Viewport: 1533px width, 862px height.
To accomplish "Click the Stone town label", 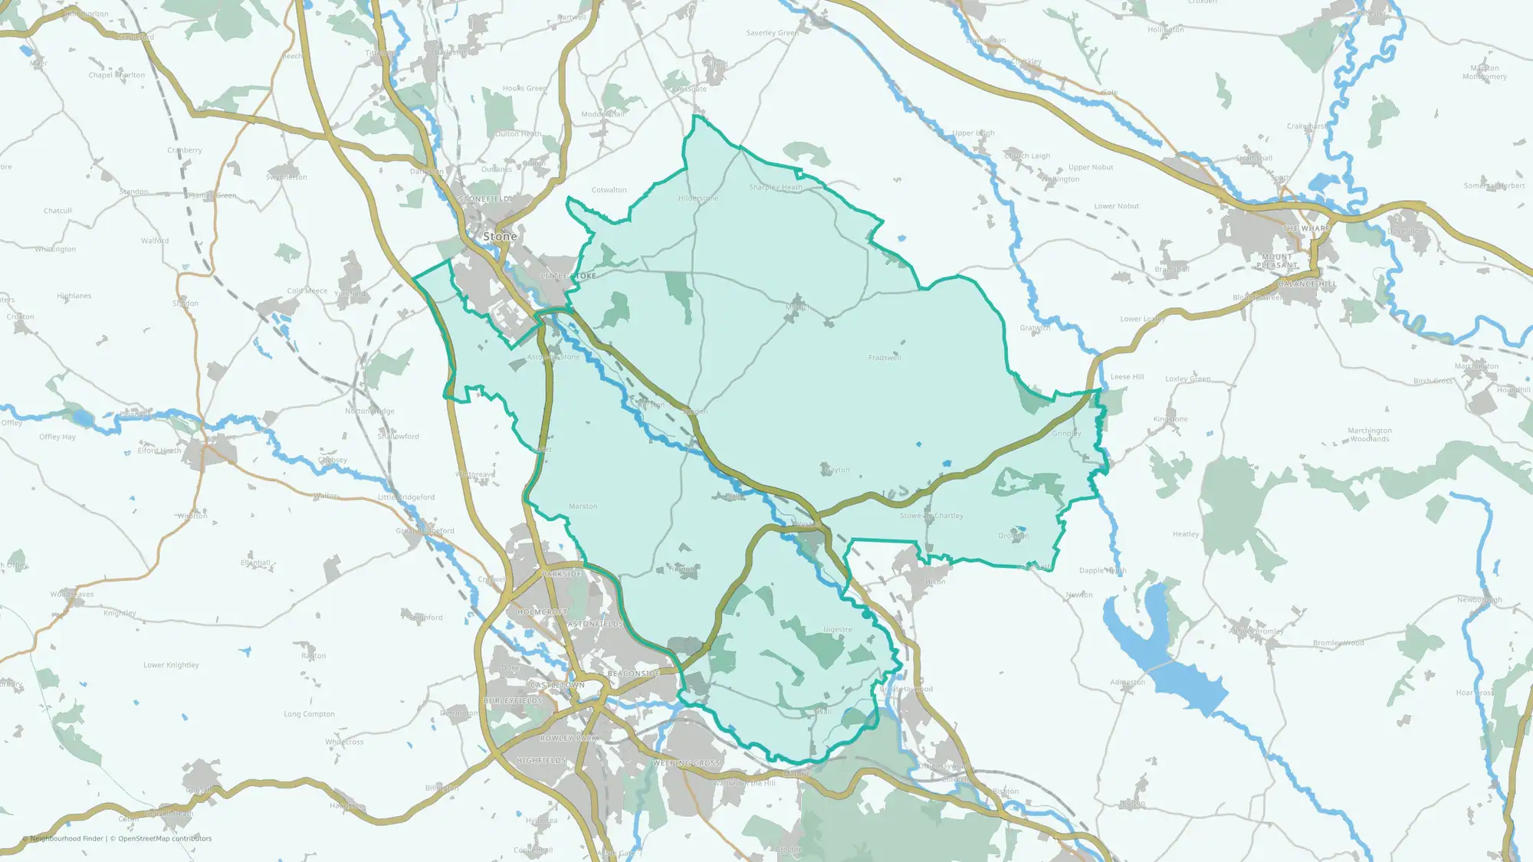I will [500, 237].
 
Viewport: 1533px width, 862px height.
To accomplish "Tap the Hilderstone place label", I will [698, 198].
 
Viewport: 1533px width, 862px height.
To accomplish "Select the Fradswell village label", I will [885, 358].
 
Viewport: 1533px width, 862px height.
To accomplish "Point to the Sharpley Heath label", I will [776, 187].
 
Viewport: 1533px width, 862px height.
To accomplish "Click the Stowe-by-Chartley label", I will [931, 516].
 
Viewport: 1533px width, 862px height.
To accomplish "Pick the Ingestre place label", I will [838, 630].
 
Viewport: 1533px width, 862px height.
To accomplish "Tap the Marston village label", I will [583, 506].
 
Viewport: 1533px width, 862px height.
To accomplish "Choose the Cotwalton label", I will [609, 190].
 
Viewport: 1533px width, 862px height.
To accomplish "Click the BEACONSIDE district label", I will [634, 674].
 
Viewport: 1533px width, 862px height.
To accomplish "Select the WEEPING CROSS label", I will [687, 763].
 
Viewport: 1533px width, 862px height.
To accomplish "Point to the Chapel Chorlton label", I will [117, 75].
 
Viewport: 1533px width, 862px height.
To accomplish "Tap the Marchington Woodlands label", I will [1370, 434].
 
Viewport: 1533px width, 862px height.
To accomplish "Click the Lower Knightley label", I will [171, 665].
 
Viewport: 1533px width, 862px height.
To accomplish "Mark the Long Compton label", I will [309, 714].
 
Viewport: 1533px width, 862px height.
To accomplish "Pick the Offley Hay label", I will [57, 437].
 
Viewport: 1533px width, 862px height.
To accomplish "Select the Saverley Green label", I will [773, 33].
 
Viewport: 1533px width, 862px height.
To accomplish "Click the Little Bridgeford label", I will [406, 497].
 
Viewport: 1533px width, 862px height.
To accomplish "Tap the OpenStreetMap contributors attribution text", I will [165, 838].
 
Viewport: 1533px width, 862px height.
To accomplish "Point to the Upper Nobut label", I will [1091, 167].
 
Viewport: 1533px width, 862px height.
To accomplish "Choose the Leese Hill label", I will [1127, 377].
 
